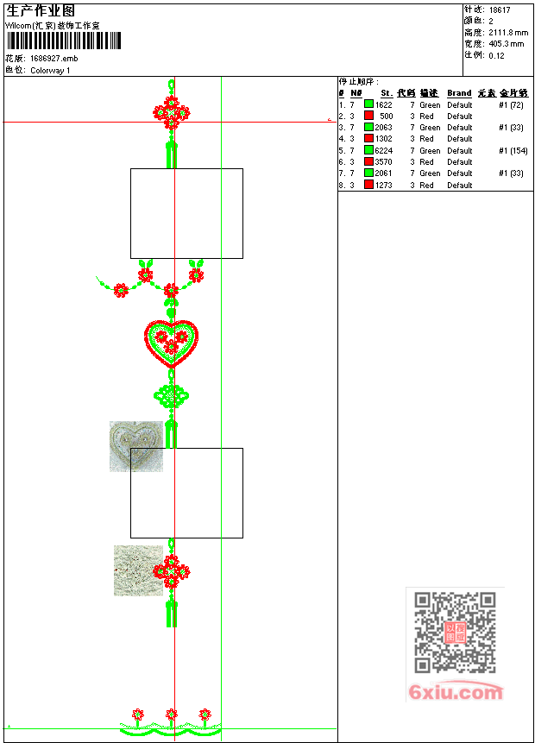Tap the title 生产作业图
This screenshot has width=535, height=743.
tap(41, 10)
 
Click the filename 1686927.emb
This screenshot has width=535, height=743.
tap(53, 59)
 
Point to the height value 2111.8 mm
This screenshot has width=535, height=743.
tap(507, 32)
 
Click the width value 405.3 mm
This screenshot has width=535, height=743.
tap(506, 43)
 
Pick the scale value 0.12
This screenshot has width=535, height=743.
tap(496, 55)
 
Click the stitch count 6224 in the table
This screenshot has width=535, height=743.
tap(384, 150)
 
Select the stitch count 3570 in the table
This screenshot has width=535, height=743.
tap(384, 161)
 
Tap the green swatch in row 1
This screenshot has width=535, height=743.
tap(368, 104)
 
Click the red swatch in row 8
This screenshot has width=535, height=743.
tap(368, 185)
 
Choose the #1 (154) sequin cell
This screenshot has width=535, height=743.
tap(513, 150)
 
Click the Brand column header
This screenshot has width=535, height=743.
tap(459, 93)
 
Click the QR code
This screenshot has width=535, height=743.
tap(455, 633)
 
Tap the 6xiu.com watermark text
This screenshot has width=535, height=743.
tap(456, 692)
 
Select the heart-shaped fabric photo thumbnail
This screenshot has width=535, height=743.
tap(135, 445)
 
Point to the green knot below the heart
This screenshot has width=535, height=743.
tap(172, 397)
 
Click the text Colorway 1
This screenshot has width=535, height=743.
tap(50, 71)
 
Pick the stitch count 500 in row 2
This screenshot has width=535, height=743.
tap(386, 116)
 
